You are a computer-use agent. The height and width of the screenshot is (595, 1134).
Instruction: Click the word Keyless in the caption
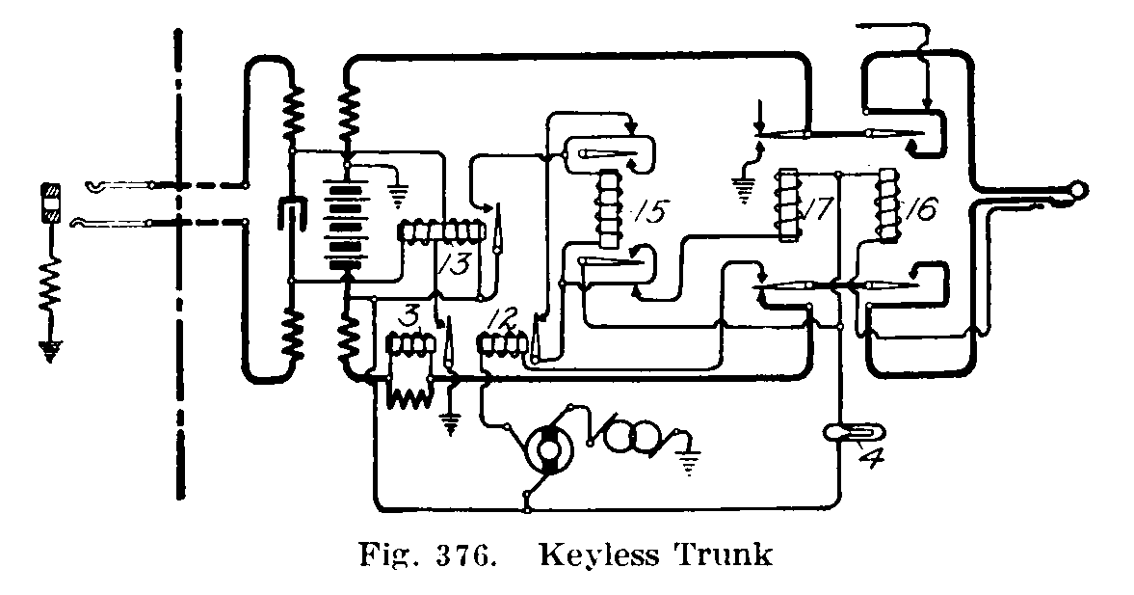click(596, 556)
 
